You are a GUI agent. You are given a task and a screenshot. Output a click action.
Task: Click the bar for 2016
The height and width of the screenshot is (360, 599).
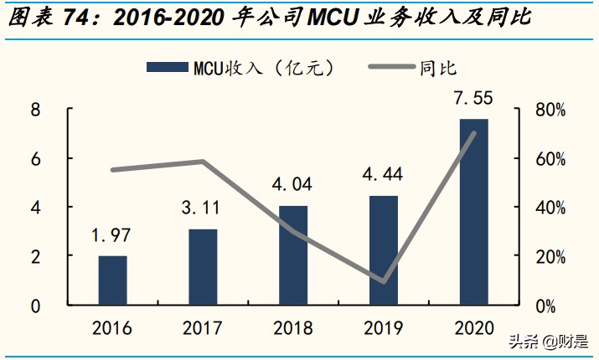point(113,280)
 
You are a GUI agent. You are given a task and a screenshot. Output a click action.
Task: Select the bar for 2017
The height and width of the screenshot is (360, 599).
point(203,267)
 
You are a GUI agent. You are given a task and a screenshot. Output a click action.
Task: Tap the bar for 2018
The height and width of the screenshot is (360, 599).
point(293,255)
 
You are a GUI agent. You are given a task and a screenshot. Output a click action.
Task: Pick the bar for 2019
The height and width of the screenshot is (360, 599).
point(384,250)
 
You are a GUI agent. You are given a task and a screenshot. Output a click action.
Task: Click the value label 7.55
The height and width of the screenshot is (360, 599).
point(473,99)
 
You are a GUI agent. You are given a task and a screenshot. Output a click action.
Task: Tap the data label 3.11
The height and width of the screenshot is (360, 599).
point(203,208)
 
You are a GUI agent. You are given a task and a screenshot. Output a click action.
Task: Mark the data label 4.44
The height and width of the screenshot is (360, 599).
point(384,175)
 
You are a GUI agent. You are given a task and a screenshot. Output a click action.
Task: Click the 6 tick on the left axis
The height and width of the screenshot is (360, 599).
point(35,158)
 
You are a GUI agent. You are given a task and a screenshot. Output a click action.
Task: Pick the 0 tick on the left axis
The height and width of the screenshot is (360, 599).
point(35,306)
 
